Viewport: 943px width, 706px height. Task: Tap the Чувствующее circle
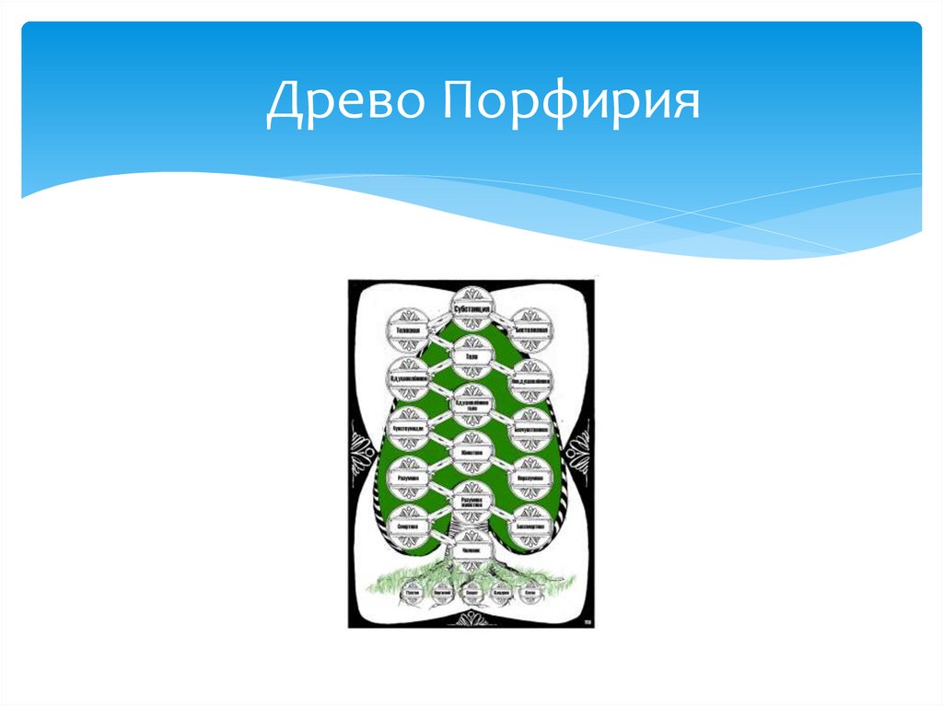pyautogui.click(x=408, y=429)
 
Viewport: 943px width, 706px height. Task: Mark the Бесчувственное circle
pyautogui.click(x=532, y=429)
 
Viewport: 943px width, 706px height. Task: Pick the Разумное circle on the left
pyautogui.click(x=408, y=479)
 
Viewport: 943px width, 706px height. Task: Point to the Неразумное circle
pyautogui.click(x=532, y=479)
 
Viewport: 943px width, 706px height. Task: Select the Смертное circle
pyautogui.click(x=408, y=526)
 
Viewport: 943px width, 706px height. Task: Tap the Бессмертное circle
pyautogui.click(x=532, y=526)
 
